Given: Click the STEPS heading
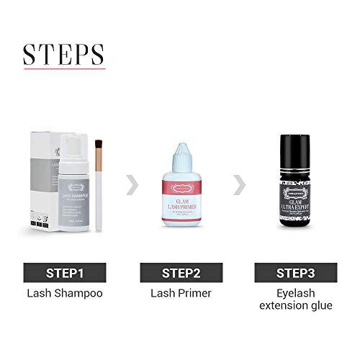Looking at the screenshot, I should (63, 53).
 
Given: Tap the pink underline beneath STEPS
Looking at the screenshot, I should (63, 69).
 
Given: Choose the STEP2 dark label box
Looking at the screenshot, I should (180, 273).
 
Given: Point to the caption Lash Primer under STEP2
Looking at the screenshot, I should (180, 293).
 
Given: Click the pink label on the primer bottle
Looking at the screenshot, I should (180, 204).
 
